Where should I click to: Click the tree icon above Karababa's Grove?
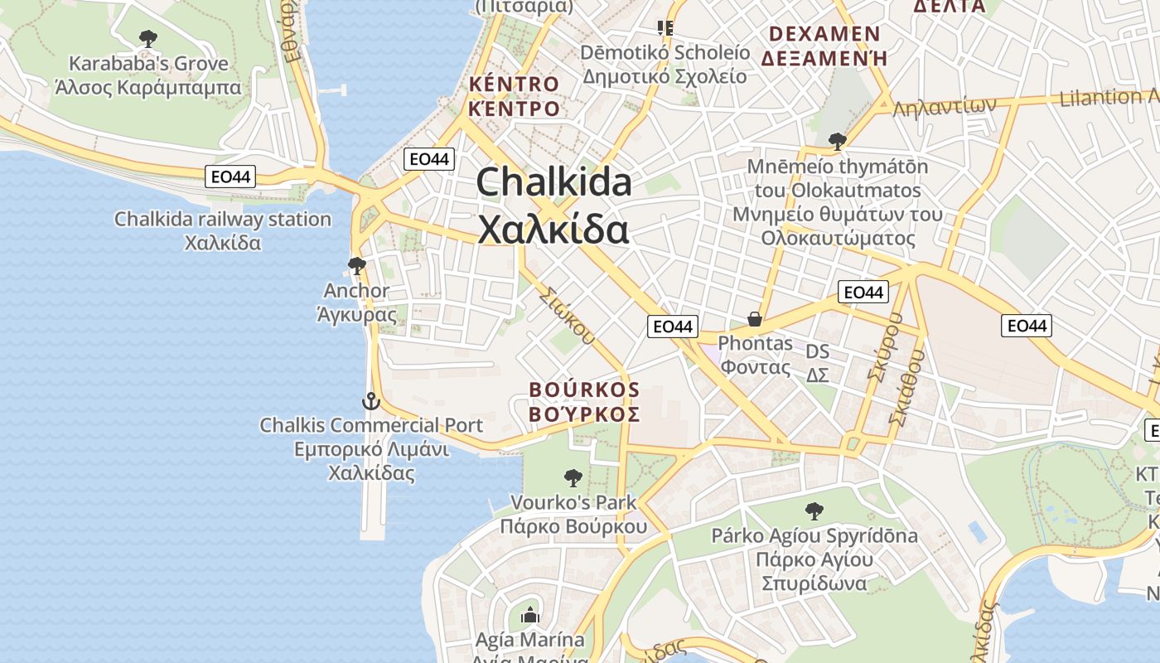click(148, 38)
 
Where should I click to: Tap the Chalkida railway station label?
click(223, 220)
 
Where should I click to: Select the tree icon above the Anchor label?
click(357, 266)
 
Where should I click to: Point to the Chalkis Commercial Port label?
click(371, 426)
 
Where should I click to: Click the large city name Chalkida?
click(553, 183)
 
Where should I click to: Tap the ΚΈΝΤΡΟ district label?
click(514, 108)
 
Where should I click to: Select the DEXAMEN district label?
click(824, 35)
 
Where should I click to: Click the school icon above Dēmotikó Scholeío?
click(665, 28)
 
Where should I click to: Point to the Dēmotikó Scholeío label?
click(665, 53)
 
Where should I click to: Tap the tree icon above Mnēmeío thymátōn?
click(837, 141)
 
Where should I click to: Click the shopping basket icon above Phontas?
click(755, 319)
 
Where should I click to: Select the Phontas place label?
click(755, 343)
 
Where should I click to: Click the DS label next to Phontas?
click(817, 352)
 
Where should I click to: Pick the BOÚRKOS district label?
click(584, 390)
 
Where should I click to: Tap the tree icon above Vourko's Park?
click(573, 477)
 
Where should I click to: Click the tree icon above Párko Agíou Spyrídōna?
click(814, 511)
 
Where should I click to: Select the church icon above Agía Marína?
click(529, 615)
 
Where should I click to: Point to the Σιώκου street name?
click(567, 315)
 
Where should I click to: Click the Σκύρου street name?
click(883, 348)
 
